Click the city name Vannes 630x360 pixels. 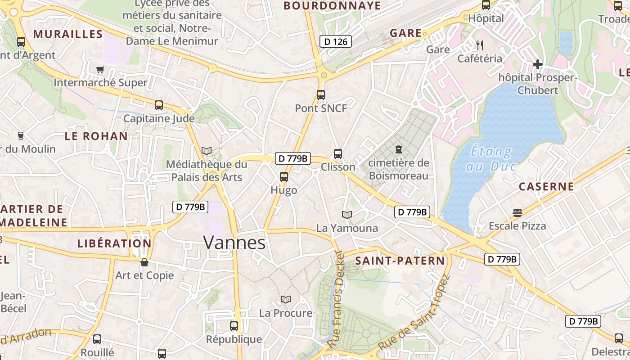pos(234,243)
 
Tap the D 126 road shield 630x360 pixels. pos(335,42)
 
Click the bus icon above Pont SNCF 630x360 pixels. pos(320,95)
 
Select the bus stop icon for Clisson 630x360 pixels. pos(338,154)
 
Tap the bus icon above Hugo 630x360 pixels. pos(283,177)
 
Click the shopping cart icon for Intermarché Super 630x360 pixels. pos(100,69)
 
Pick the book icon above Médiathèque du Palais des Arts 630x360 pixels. pos(207,151)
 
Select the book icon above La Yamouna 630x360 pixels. pos(346,215)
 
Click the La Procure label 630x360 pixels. pos(285,313)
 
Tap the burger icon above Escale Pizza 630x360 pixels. pos(517,212)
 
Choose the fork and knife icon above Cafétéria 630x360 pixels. pos(479,45)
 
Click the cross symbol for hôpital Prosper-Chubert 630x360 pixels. pos(537,64)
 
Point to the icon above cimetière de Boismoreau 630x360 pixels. pos(398,149)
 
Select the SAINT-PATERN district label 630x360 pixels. pos(400,261)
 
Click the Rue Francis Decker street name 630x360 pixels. pos(339,299)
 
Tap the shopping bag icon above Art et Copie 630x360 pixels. pos(144,262)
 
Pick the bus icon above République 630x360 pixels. pos(234,326)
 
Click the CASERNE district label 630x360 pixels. pos(546,186)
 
